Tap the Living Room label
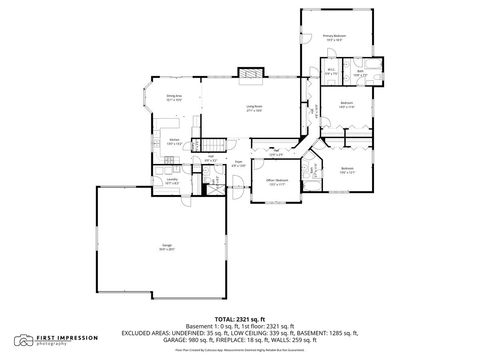254,110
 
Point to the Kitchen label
174,141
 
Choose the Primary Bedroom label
332,37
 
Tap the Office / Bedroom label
276,182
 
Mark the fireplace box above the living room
250,73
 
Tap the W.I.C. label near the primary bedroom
331,72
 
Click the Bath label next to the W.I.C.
360,72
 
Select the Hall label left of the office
276,153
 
